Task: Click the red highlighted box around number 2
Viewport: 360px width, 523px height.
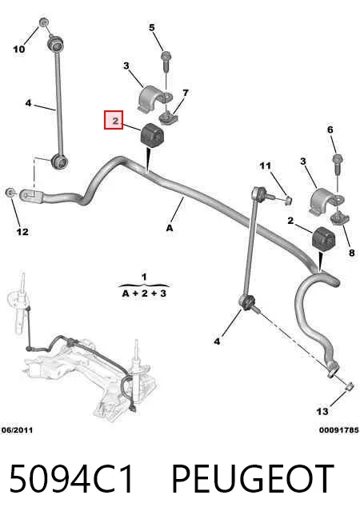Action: pos(114,120)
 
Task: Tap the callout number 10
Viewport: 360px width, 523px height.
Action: pos(19,50)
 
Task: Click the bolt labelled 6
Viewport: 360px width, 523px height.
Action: pos(338,164)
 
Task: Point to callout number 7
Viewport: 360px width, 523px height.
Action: pos(186,93)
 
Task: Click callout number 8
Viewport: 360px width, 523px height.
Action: pos(352,253)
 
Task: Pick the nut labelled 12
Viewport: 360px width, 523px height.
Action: pos(10,192)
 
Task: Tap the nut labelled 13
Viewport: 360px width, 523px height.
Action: pos(349,386)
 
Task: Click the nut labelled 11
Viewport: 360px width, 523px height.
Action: pos(289,200)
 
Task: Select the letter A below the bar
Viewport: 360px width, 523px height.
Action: pos(170,228)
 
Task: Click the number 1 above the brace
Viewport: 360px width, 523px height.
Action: pos(144,277)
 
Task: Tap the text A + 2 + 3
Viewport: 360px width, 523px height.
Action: pos(144,293)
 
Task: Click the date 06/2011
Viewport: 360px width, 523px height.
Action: pos(18,430)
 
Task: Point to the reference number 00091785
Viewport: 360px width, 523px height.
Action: pos(338,430)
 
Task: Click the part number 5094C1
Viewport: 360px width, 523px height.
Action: pos(72,479)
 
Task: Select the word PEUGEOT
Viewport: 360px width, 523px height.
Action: pos(253,479)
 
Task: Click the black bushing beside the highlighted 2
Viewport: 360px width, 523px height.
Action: pos(152,134)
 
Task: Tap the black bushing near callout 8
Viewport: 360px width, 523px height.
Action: pos(323,238)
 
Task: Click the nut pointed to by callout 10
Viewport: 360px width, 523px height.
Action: pos(44,22)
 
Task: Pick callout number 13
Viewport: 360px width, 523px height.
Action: pos(322,412)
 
